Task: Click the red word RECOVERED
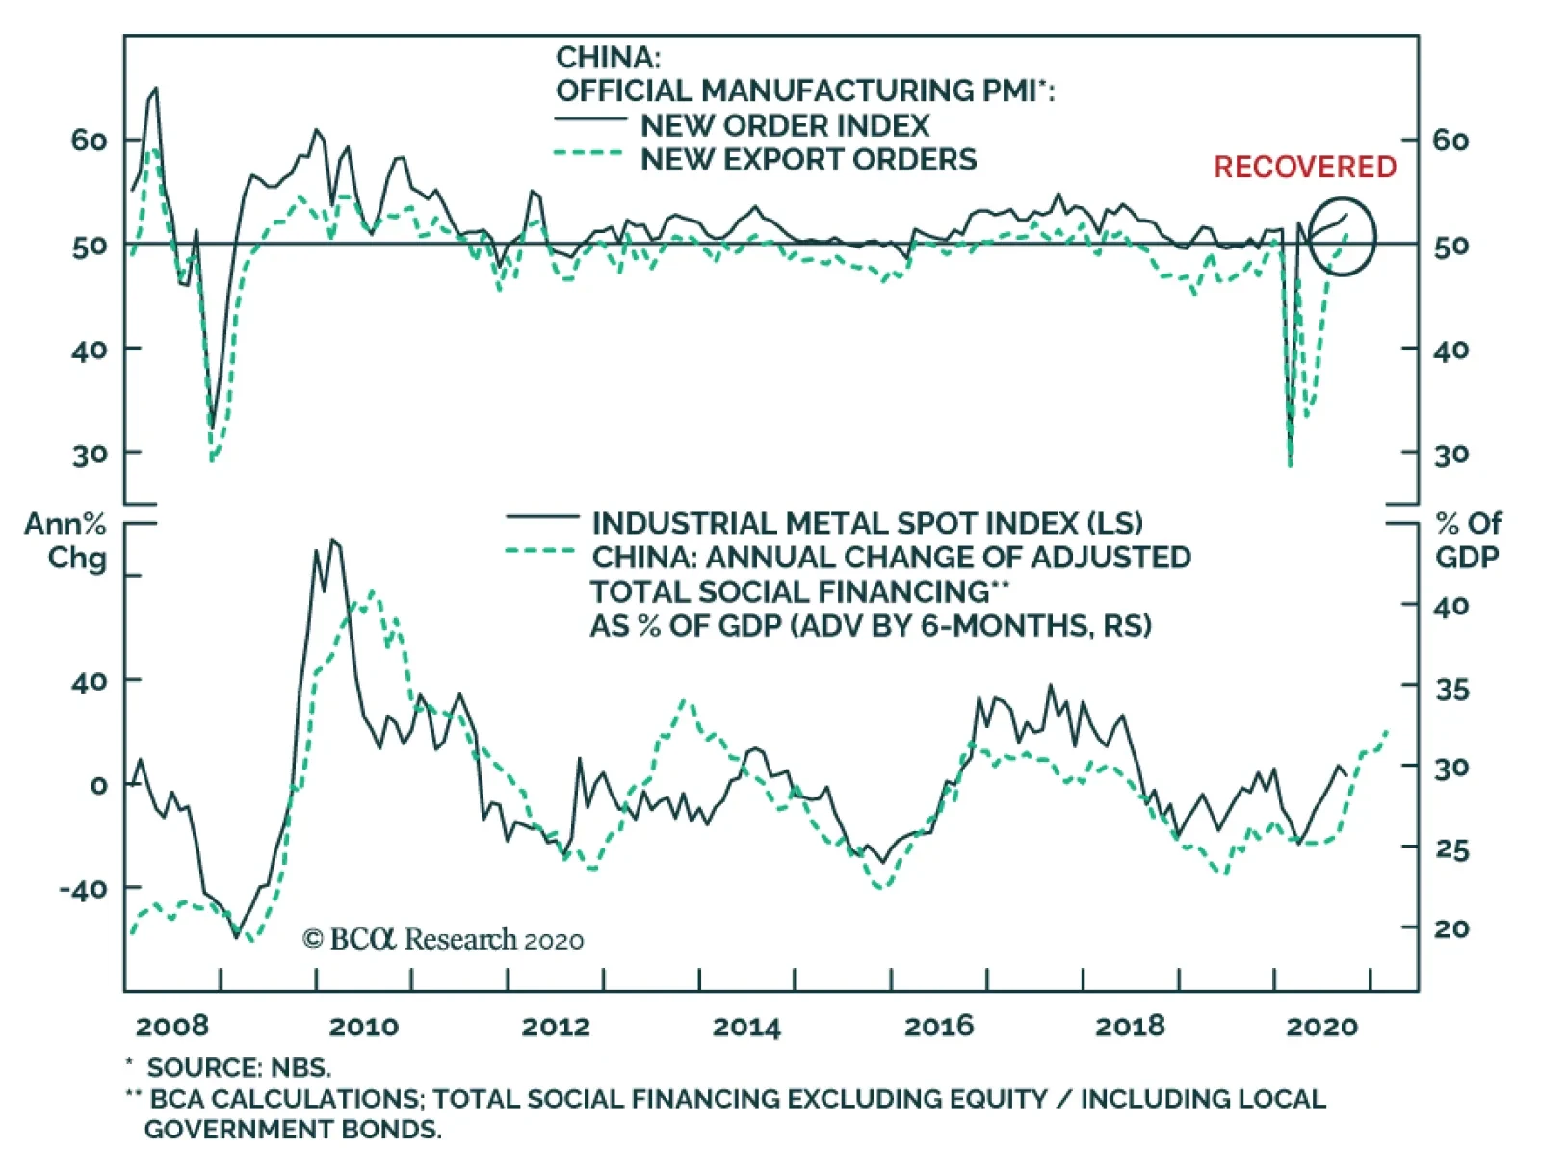click(1304, 167)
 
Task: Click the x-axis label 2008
click(172, 1026)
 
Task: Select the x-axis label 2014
click(746, 1027)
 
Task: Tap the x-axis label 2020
click(1321, 1027)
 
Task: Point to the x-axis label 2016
click(938, 1027)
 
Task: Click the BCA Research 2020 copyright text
click(443, 939)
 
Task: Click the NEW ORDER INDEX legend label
click(785, 125)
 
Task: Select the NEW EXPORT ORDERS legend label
click(808, 159)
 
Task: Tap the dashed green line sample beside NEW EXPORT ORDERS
click(588, 153)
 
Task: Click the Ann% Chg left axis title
click(65, 540)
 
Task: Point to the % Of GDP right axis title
click(1467, 540)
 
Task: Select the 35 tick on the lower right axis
click(1451, 689)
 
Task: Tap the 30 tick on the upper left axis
click(90, 454)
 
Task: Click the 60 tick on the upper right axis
click(1450, 141)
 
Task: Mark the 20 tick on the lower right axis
click(1451, 928)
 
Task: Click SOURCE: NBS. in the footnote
click(238, 1067)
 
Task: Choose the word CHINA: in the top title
click(608, 57)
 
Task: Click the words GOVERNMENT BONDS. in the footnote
click(293, 1129)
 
